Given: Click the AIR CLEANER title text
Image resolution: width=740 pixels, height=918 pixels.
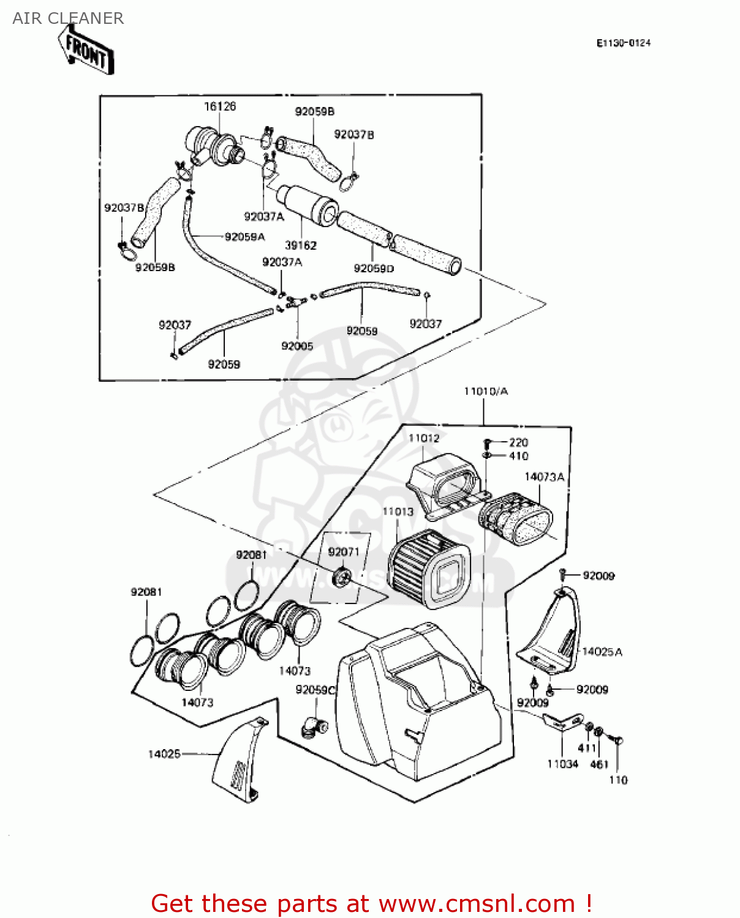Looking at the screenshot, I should [x=68, y=18].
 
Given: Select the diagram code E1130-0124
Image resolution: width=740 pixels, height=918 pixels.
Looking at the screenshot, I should [x=623, y=43].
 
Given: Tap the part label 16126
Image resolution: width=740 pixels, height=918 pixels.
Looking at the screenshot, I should [x=219, y=106].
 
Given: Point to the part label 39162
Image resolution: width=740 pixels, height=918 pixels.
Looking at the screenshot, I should [x=300, y=245].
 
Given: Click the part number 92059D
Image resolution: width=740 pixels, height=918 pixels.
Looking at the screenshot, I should [x=374, y=268].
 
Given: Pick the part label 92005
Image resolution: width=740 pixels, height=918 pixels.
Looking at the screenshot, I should [x=297, y=346].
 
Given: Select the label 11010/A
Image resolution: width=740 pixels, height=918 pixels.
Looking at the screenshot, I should [x=485, y=391].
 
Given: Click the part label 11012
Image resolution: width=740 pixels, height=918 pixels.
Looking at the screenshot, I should [x=424, y=438].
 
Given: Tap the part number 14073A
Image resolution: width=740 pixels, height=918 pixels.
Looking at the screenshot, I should [x=544, y=477].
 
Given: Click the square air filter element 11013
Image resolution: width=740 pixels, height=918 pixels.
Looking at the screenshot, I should [x=429, y=570].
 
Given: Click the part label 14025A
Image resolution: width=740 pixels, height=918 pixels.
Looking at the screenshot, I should [x=602, y=652].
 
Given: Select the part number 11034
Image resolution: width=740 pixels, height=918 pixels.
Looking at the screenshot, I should [x=562, y=764].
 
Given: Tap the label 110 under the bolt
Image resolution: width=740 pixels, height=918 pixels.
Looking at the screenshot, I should [x=618, y=780].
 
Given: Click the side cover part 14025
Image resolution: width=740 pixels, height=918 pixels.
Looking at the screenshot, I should [x=239, y=762].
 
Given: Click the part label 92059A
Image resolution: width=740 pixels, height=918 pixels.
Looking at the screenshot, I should [x=244, y=237].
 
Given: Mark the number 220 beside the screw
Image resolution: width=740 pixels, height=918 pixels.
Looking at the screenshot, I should [x=518, y=442].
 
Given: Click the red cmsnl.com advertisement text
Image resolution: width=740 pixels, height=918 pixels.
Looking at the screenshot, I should [x=371, y=903].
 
